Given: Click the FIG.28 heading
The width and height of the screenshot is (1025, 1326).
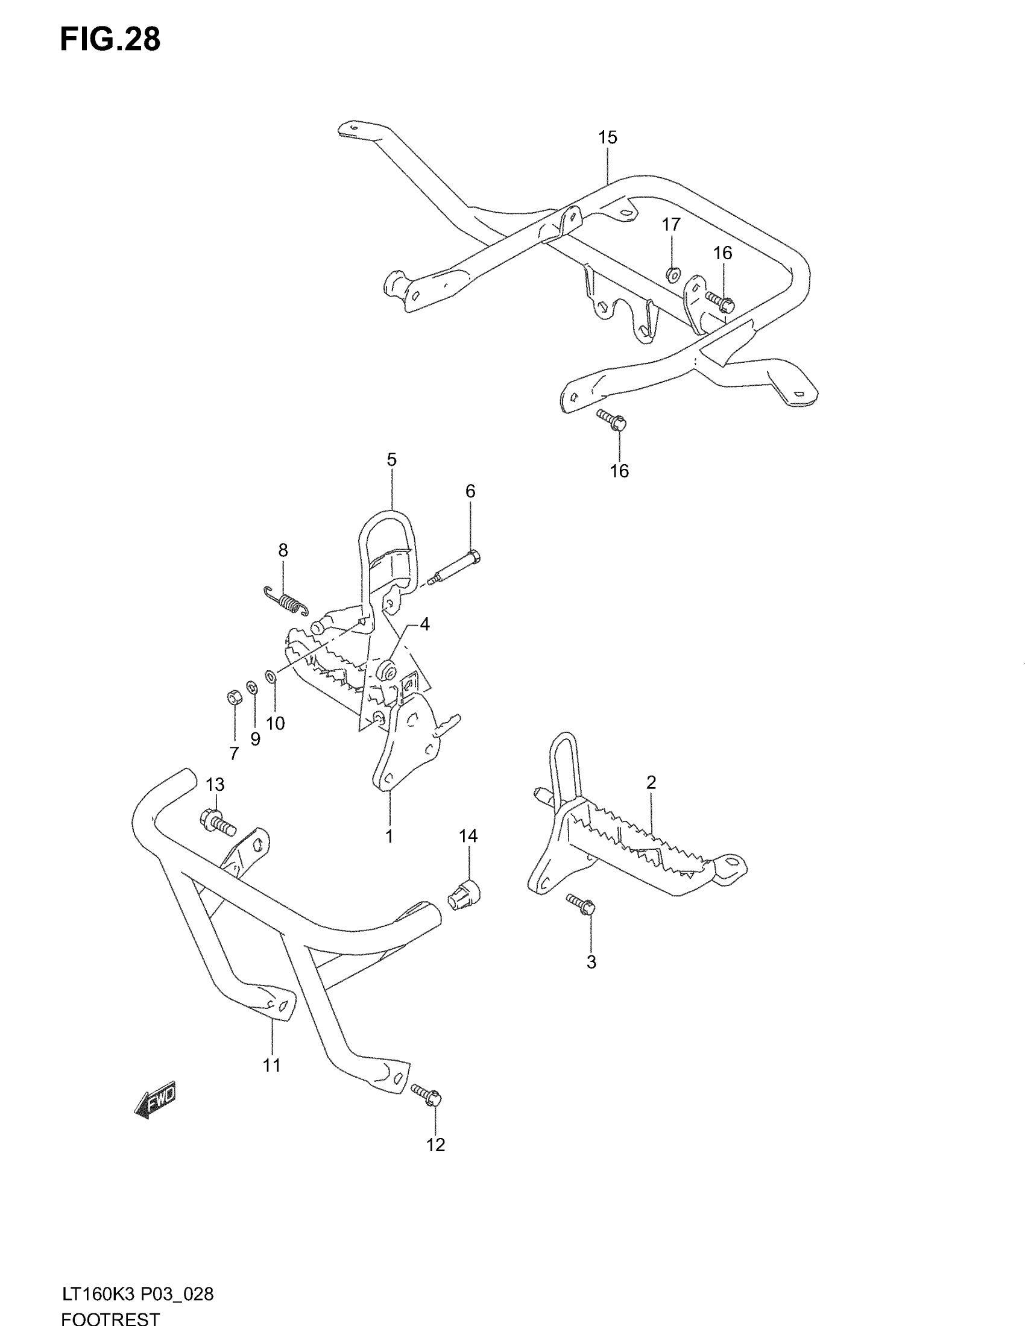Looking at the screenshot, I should pyautogui.click(x=110, y=40).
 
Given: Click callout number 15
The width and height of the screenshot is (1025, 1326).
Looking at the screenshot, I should pyautogui.click(x=607, y=138).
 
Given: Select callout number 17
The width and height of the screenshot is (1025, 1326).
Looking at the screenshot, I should pyautogui.click(x=671, y=225).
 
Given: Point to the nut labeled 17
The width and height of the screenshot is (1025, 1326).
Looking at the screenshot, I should pyautogui.click(x=672, y=275).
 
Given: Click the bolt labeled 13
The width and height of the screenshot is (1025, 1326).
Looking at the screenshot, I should pyautogui.click(x=216, y=824).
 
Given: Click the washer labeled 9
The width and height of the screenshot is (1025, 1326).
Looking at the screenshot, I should pyautogui.click(x=251, y=687).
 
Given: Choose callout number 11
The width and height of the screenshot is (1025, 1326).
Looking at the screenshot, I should pyautogui.click(x=271, y=1065).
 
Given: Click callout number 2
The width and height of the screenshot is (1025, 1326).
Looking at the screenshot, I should pyautogui.click(x=651, y=782).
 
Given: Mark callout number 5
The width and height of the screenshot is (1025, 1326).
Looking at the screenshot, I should pyautogui.click(x=392, y=460).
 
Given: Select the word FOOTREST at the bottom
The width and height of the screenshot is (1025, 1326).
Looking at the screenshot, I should pyautogui.click(x=110, y=1319).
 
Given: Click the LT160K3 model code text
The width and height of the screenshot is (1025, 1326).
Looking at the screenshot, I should pyautogui.click(x=99, y=1295).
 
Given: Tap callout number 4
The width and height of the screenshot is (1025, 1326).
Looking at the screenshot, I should pyautogui.click(x=424, y=624).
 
